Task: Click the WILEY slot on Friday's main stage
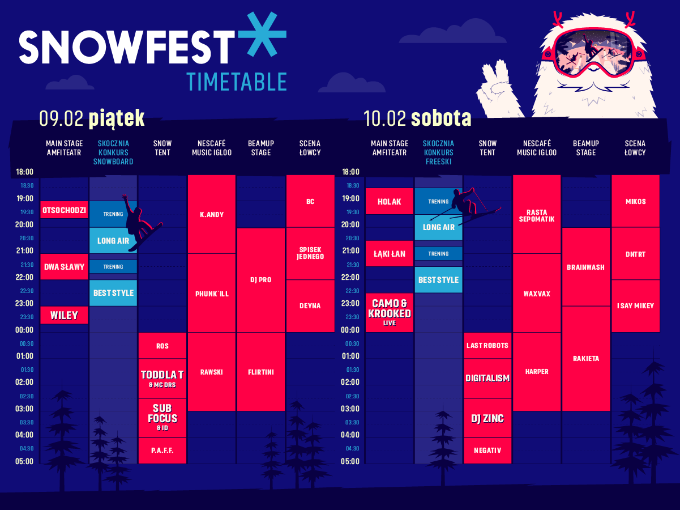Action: point(64,315)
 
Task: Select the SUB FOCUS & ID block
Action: point(162,418)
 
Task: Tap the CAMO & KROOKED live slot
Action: point(390,312)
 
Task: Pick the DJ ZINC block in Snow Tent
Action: point(487,418)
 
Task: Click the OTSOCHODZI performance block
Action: point(64,210)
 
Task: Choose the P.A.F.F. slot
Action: point(162,450)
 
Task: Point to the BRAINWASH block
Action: point(586,267)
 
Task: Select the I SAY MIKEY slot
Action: point(635,306)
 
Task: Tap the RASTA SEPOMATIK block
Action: point(537,214)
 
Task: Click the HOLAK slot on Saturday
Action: point(390,201)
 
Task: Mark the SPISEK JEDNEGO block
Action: point(310,253)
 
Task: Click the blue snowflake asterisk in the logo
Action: point(263,35)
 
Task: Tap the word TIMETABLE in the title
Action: point(237,82)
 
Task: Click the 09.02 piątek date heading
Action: point(92,118)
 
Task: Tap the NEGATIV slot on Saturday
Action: point(487,450)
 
